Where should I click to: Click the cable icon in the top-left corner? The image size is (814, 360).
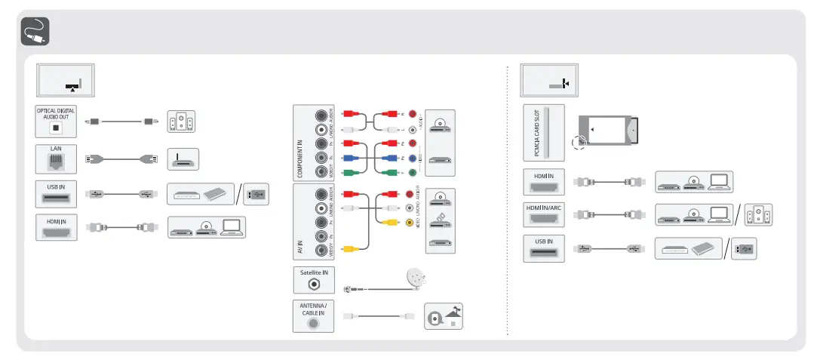(x=33, y=31)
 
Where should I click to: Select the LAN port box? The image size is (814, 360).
(x=56, y=159)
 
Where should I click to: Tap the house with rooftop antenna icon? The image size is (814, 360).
(x=444, y=316)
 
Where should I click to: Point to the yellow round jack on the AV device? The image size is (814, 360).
(x=410, y=223)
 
